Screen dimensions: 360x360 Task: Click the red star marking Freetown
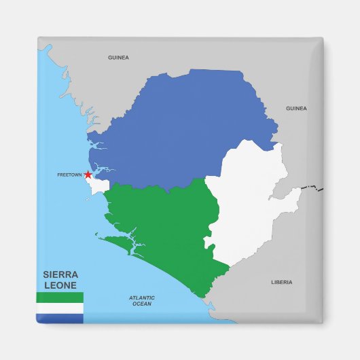tap(88, 175)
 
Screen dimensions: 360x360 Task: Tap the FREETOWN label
tap(69, 175)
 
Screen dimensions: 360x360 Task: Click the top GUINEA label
tap(118, 58)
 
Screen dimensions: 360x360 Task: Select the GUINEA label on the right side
tap(296, 108)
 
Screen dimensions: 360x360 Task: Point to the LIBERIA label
tap(281, 282)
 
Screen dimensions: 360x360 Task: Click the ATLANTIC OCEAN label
tap(142, 301)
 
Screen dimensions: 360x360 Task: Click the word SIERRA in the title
tap(60, 275)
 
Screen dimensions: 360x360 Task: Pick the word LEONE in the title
tap(60, 286)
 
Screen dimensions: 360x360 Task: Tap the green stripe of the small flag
tap(59, 298)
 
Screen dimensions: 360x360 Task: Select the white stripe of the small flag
tap(59, 308)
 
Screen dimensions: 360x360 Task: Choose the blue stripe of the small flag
tap(59, 318)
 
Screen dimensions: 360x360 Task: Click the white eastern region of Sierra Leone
tap(251, 204)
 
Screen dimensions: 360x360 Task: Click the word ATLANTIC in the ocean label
tap(142, 298)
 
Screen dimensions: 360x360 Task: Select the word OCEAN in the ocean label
tap(142, 304)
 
